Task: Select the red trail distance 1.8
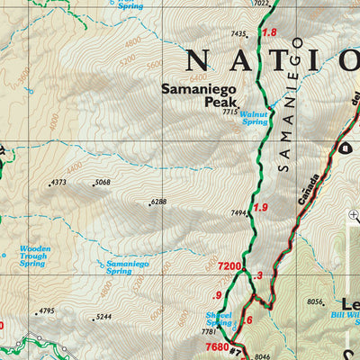click(x=269, y=33)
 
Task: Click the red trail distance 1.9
click(x=261, y=208)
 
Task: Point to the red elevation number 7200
click(x=231, y=266)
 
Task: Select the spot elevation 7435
click(x=238, y=34)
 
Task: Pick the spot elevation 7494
click(x=238, y=213)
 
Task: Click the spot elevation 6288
click(x=158, y=202)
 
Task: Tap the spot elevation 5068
click(x=102, y=183)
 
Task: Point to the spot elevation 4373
click(x=58, y=183)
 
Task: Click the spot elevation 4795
click(x=47, y=312)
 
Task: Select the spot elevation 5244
click(x=103, y=317)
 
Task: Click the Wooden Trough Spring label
click(x=34, y=254)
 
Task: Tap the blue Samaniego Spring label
click(x=127, y=266)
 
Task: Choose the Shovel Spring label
click(x=219, y=319)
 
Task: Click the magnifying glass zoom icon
click(x=354, y=214)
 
